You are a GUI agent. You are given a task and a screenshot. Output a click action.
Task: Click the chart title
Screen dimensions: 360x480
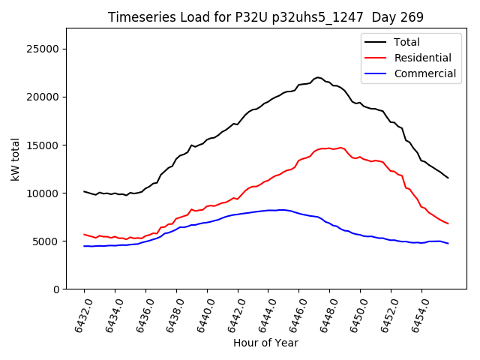(x=265, y=17)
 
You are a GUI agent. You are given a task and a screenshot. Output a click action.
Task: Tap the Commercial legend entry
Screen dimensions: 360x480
(x=424, y=73)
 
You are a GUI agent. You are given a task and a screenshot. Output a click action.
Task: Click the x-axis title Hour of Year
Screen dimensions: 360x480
(x=265, y=343)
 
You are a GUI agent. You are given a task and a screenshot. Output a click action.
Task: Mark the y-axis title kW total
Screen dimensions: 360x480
(x=15, y=159)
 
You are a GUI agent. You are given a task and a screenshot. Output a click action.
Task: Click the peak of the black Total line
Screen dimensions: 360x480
(x=317, y=77)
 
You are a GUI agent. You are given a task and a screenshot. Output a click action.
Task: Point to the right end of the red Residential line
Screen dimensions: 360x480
(x=448, y=223)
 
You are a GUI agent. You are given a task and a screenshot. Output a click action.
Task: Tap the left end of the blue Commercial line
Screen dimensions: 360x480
(x=84, y=246)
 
